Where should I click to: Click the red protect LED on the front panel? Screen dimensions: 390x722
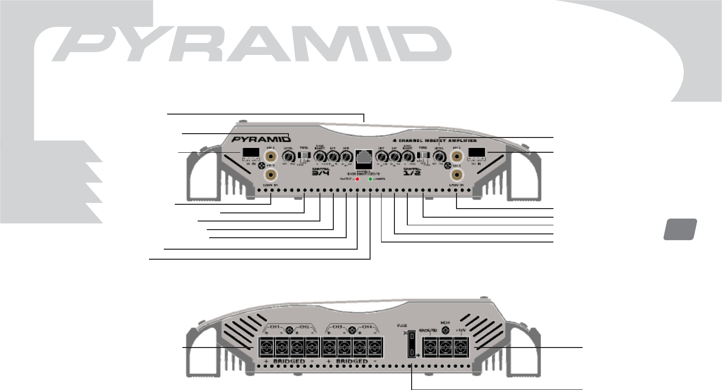(357, 179)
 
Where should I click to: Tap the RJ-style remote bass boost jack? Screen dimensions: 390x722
(364, 157)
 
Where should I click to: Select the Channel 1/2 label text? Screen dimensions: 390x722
(412, 172)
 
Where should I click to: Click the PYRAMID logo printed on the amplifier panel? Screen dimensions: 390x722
(261, 140)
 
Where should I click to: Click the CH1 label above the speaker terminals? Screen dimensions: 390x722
(274, 327)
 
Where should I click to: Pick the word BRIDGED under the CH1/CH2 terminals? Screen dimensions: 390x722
(289, 362)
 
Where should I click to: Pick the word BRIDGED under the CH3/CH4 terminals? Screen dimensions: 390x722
(352, 362)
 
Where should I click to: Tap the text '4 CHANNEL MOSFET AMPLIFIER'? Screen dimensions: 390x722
(434, 140)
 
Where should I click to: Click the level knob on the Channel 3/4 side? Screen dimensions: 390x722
(288, 157)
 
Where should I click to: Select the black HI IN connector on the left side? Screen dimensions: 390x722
(251, 153)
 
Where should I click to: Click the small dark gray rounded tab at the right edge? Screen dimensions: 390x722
(680, 229)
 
